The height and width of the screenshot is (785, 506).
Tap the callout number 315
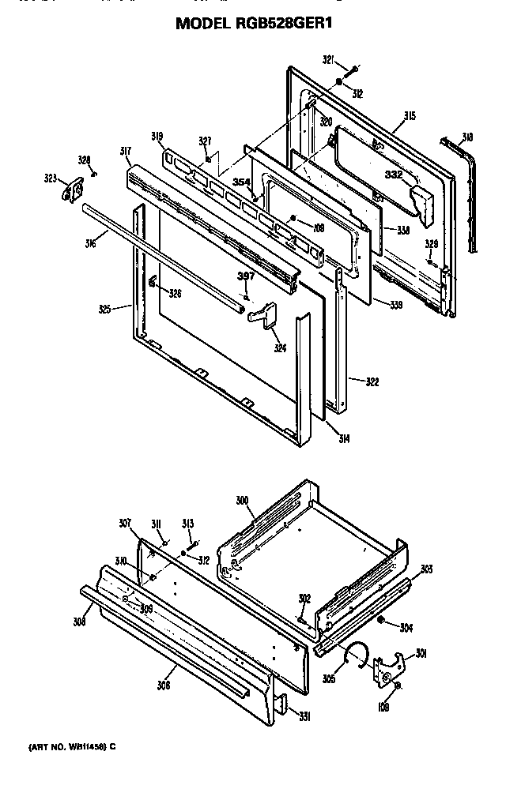click(x=409, y=117)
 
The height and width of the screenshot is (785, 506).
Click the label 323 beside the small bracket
click(x=51, y=179)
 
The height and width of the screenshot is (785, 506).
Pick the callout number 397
click(x=247, y=276)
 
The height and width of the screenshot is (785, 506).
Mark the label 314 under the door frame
click(x=345, y=439)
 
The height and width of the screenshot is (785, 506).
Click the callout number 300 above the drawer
click(x=243, y=500)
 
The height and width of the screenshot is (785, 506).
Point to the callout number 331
click(x=304, y=716)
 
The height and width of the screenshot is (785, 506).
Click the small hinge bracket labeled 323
click(x=73, y=190)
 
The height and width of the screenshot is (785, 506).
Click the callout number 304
click(x=406, y=629)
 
